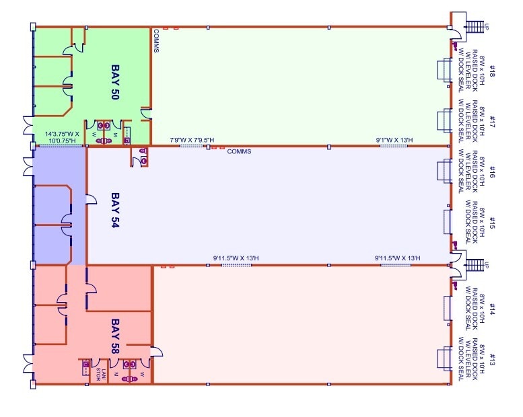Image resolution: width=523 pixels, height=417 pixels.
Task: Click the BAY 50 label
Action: click(x=114, y=82)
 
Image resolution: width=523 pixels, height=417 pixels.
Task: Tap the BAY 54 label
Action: click(x=114, y=211)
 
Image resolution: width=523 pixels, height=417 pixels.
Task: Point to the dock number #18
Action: click(x=492, y=71)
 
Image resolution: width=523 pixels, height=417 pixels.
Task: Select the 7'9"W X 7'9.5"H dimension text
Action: click(x=192, y=141)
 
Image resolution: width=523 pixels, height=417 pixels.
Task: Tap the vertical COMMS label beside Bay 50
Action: click(x=156, y=40)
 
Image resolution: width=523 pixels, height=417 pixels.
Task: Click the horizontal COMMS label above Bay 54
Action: click(x=239, y=152)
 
